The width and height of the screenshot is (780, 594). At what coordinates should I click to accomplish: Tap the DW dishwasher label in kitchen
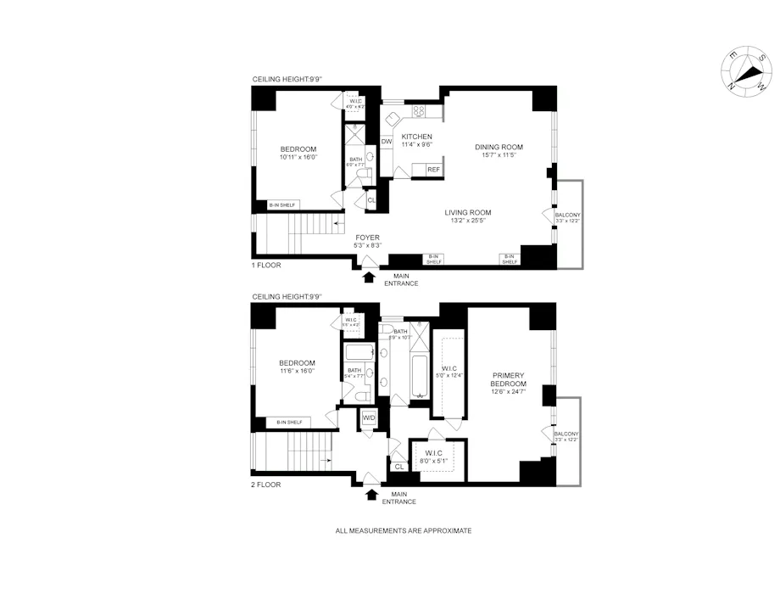(387, 142)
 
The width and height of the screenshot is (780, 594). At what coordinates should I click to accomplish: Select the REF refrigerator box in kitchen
(433, 170)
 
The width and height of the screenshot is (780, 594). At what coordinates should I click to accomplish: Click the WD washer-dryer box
(369, 417)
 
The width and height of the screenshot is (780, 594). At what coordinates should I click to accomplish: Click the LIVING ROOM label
(468, 212)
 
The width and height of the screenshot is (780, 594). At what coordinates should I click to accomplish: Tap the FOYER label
(367, 238)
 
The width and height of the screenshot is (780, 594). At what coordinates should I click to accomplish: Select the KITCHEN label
(417, 137)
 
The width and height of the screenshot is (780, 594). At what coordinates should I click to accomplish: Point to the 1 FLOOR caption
(266, 266)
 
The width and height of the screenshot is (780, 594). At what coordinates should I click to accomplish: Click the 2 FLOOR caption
(266, 485)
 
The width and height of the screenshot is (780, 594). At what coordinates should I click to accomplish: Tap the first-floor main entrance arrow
(369, 276)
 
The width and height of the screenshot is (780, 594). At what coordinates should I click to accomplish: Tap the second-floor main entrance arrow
(371, 494)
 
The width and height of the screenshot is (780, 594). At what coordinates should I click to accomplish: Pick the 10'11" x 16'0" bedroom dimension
(298, 157)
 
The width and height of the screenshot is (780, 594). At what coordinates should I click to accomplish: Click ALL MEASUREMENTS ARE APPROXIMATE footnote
(404, 530)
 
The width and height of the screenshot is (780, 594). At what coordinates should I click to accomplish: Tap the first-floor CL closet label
(371, 200)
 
